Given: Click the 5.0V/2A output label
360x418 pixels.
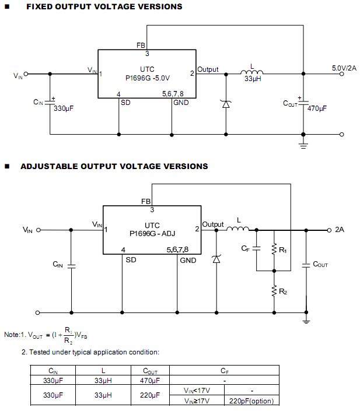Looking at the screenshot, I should click(344, 68).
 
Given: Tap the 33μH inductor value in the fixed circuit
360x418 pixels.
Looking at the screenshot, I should click(252, 79).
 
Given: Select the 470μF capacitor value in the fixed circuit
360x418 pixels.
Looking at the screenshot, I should click(317, 108).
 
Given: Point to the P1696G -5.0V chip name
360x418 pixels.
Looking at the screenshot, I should click(148, 78).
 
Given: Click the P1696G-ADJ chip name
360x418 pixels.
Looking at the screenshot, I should click(152, 233).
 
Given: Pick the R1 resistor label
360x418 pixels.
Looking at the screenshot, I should click(283, 250).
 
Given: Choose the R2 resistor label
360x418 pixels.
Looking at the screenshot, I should click(283, 291).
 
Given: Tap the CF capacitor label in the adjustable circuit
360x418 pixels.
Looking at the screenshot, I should click(246, 248).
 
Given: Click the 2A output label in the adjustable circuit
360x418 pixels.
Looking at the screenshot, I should click(340, 230).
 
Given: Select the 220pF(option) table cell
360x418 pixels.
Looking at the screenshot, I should click(251, 401).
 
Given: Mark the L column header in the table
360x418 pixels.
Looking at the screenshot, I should click(103, 371).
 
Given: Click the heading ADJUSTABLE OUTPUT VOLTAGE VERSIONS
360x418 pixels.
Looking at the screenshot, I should click(114, 166).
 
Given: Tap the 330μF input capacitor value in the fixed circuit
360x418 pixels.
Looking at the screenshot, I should click(64, 108).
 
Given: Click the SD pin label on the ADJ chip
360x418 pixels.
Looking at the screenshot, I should click(131, 260).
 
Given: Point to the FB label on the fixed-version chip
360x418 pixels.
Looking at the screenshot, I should click(141, 44).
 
